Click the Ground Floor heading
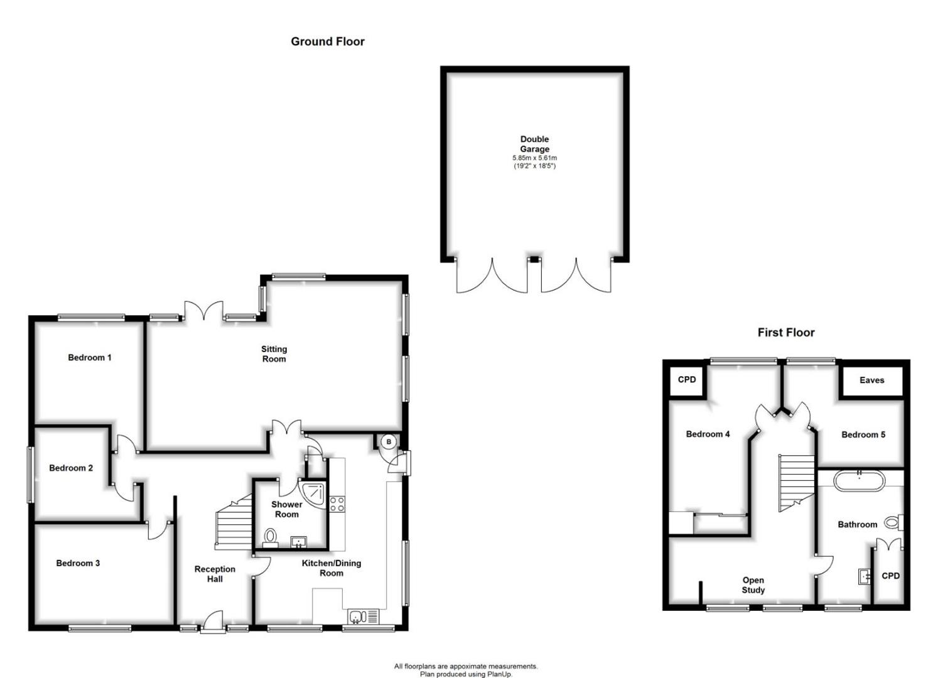coord(327,41)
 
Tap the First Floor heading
coord(785,333)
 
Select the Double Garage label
coord(534,144)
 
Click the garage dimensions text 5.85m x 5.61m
coord(534,158)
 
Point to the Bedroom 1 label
coord(90,358)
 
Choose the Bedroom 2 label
coord(71,468)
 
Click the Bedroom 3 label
coord(78,563)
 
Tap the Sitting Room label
coord(274,354)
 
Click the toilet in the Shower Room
coord(271,537)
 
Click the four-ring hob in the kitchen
coord(337,503)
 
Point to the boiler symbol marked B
coord(389,442)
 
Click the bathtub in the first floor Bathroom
coord(859,482)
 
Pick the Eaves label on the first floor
coord(871,380)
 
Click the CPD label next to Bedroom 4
coord(687,380)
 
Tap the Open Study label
coord(753,585)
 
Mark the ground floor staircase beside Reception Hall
coord(232,524)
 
